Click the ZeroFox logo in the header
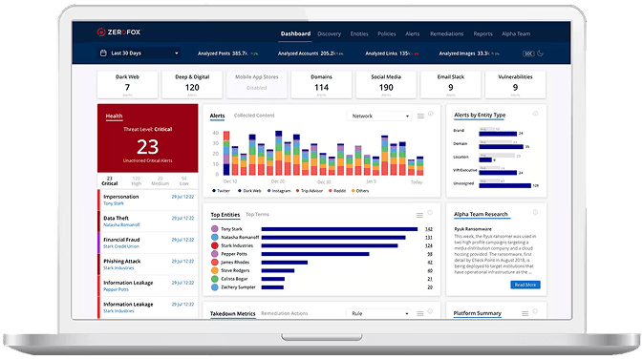tap(123, 33)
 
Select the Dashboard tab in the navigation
tap(295, 33)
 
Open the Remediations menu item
tap(446, 33)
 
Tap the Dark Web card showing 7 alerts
tap(127, 84)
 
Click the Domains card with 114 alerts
tap(321, 84)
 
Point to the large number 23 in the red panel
tap(147, 147)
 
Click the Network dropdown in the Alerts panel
tap(379, 116)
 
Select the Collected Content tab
tap(254, 116)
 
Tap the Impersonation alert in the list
tap(121, 197)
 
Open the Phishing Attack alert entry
tap(123, 261)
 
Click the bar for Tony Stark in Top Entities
tap(338, 229)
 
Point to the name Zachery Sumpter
tap(239, 286)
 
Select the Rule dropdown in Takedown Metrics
tap(378, 312)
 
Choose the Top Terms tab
tap(257, 215)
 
